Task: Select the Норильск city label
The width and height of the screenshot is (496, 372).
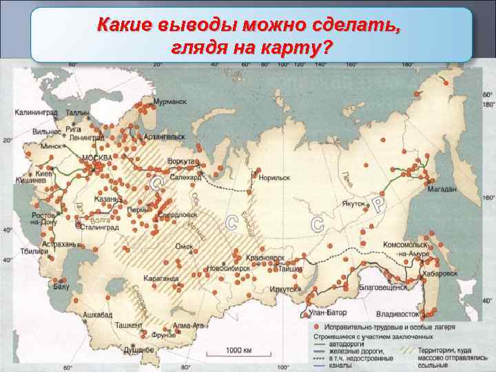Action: (x=274, y=177)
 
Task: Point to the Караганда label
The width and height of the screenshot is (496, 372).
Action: (x=161, y=279)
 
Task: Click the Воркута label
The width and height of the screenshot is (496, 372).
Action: (x=182, y=161)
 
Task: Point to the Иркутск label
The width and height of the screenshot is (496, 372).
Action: (x=285, y=289)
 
